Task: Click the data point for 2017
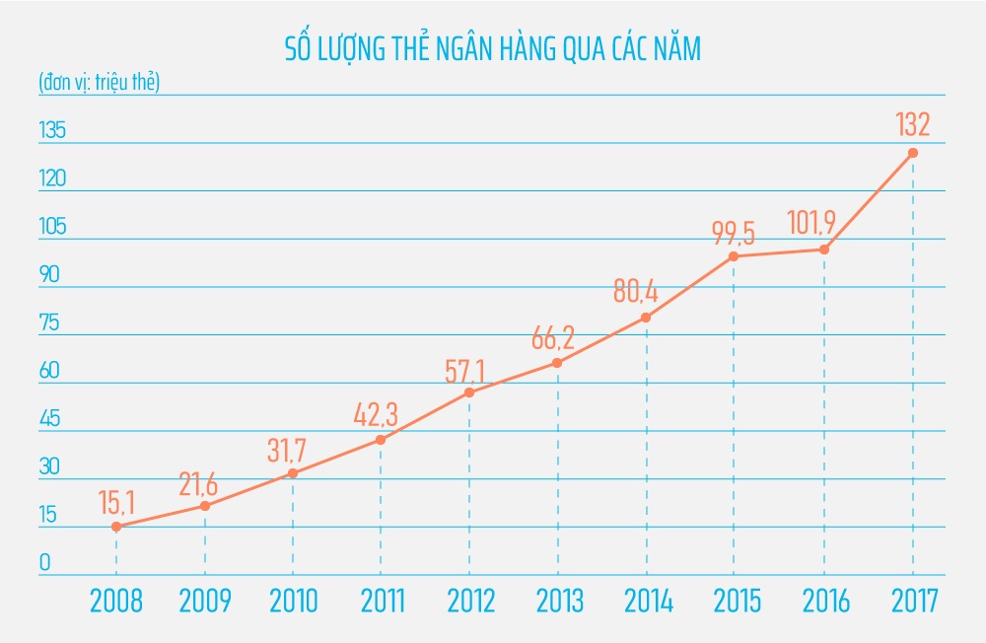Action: (913, 153)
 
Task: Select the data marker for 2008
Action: (116, 527)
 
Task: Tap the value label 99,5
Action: (734, 233)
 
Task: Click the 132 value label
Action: (912, 126)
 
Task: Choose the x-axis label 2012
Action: (469, 602)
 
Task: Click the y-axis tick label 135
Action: (51, 130)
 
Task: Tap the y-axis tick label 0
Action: (44, 564)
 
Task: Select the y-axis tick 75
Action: (49, 322)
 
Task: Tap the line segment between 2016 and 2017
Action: (869, 201)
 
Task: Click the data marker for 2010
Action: (293, 473)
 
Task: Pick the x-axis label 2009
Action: (205, 602)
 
